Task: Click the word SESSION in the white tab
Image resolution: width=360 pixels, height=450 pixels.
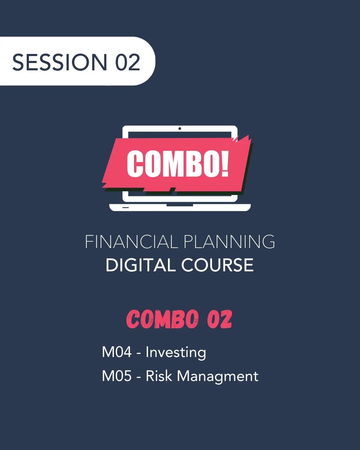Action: (60, 62)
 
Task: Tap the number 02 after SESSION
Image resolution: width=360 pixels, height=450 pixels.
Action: (128, 62)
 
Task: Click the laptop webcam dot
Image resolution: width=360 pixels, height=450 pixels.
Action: (180, 129)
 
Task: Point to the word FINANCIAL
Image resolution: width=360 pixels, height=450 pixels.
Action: (131, 242)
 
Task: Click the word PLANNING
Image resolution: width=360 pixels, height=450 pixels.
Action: (229, 242)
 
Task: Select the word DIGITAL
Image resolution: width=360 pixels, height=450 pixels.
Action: (141, 265)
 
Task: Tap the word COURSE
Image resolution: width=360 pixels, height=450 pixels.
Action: (217, 265)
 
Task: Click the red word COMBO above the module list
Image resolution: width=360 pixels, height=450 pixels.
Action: (162, 319)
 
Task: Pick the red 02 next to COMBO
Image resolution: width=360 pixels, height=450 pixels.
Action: (219, 319)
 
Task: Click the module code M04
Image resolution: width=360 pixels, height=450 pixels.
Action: (117, 352)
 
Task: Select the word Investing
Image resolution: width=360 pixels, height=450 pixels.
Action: (176, 353)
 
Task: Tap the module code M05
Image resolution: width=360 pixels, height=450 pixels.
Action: (117, 376)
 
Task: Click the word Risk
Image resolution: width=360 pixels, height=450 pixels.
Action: (159, 376)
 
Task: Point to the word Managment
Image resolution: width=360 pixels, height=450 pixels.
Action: (217, 377)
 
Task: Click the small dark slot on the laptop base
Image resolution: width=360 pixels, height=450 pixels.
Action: (125, 207)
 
